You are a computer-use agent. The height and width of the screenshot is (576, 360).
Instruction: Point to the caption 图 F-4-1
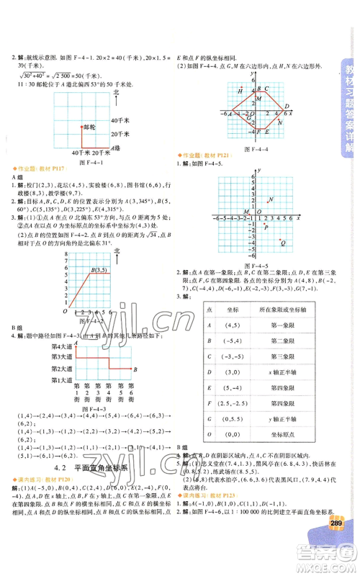click(x=78, y=162)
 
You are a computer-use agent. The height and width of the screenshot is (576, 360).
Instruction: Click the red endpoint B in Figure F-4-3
click(x=128, y=369)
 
